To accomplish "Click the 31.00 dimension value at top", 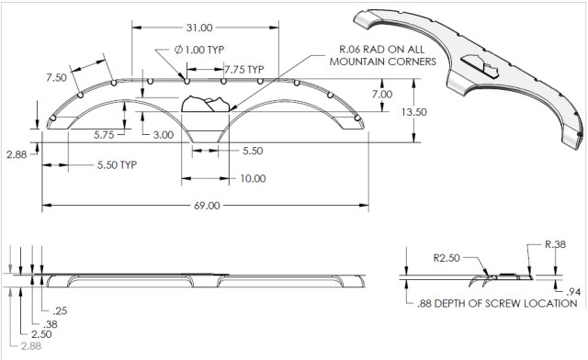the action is (199, 28).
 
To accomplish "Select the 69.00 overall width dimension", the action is (207, 206).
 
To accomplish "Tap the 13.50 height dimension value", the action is (414, 112).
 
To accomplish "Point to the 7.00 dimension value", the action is (382, 94).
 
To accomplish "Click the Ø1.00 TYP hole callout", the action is (199, 50).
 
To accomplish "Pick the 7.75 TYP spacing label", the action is (244, 70).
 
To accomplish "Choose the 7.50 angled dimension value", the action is (56, 78).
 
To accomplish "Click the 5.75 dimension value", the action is (104, 135).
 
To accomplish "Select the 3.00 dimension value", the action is (164, 135).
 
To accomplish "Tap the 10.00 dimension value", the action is (254, 178).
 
